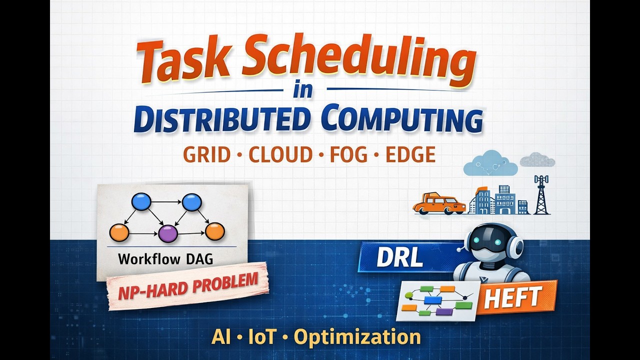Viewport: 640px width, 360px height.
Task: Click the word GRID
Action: coord(206,155)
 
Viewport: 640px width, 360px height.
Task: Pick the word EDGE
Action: coord(410,155)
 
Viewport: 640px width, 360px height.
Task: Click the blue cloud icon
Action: coord(490,163)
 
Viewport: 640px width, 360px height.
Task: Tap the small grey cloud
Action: coord(537,160)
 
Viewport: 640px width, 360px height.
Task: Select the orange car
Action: coord(438,204)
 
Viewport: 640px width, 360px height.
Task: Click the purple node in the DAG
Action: coord(168,233)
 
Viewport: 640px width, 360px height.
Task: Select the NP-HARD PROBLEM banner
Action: coord(188,286)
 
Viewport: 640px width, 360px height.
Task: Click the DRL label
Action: coord(400,257)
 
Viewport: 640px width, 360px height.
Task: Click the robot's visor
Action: coord(493,242)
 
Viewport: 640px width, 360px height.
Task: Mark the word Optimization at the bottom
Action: coord(357,337)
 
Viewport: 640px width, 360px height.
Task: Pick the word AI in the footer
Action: coord(221,337)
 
